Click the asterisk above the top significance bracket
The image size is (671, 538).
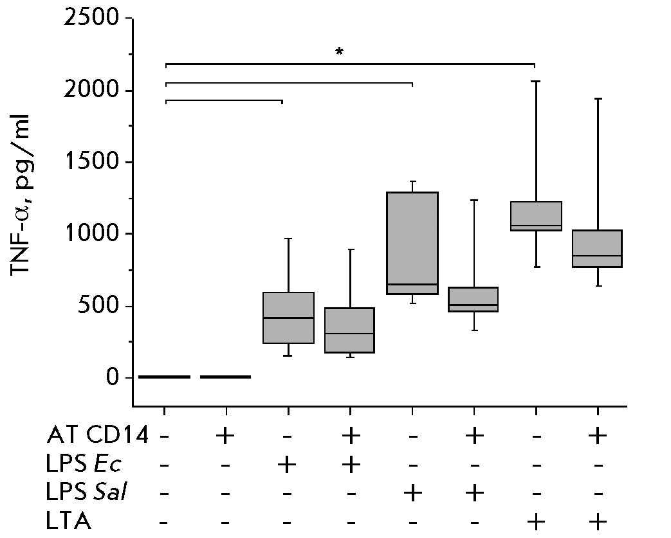pyautogui.click(x=339, y=51)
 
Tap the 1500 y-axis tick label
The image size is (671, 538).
pyautogui.click(x=92, y=162)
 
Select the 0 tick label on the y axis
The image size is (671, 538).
pyautogui.click(x=113, y=377)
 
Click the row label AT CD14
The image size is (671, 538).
pyautogui.click(x=97, y=436)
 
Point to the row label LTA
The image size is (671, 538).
pyautogui.click(x=68, y=521)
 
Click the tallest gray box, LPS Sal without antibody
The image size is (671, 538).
pyautogui.click(x=412, y=243)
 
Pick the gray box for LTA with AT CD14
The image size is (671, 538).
pyautogui.click(x=598, y=248)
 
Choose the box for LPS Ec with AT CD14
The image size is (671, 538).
pyautogui.click(x=350, y=330)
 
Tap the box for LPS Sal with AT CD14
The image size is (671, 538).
pyautogui.click(x=474, y=299)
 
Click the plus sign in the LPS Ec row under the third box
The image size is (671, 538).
pyautogui.click(x=288, y=465)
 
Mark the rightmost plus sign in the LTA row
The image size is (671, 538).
pyautogui.click(x=598, y=521)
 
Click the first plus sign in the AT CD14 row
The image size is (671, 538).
pyautogui.click(x=226, y=436)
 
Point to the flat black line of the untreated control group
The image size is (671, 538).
pyautogui.click(x=165, y=377)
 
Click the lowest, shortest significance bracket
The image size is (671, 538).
pyautogui.click(x=223, y=100)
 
